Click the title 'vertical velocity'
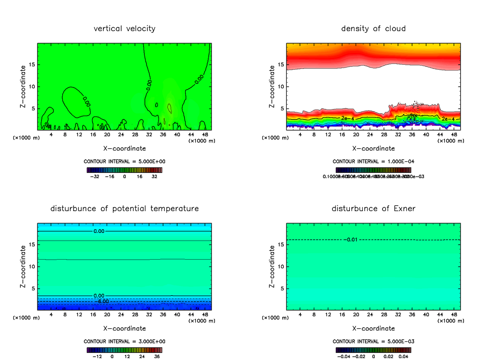tap(124, 29)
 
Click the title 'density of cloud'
tap(373, 29)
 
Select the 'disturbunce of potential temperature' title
tap(124, 208)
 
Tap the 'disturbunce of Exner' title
tap(373, 208)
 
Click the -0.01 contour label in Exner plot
tap(349, 239)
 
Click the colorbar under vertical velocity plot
tap(124, 170)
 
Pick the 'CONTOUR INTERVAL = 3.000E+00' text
tap(124, 341)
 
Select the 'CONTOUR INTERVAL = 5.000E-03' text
tap(373, 341)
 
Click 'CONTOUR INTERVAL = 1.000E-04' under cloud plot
tap(373, 161)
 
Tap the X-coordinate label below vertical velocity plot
tap(124, 148)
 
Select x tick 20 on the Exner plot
tap(356, 314)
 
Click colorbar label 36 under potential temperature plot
tap(157, 356)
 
